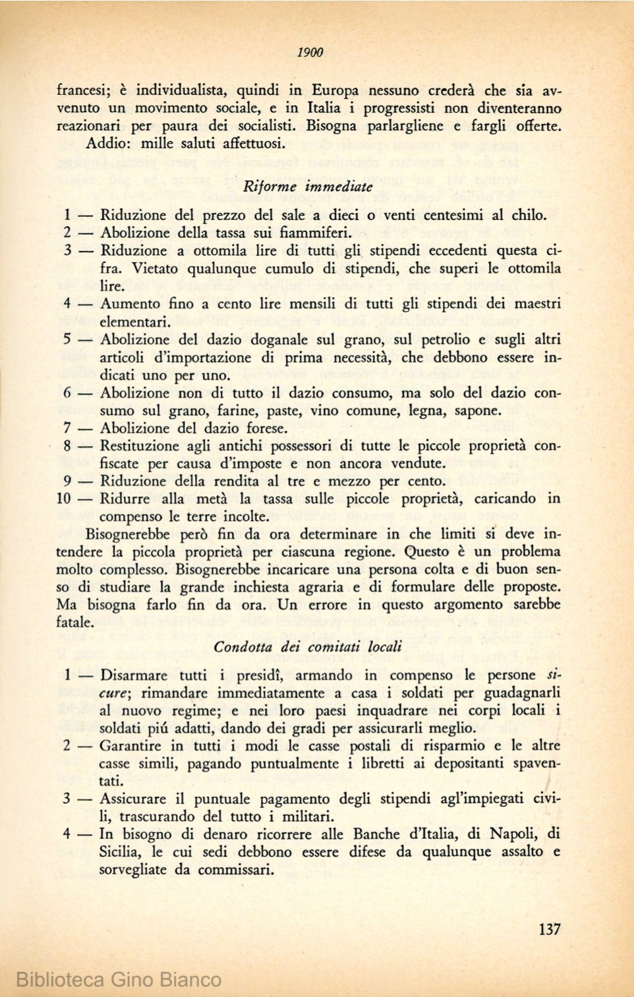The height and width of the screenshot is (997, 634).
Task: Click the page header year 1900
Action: pyautogui.click(x=310, y=53)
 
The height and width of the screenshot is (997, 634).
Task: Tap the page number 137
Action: pyautogui.click(x=549, y=929)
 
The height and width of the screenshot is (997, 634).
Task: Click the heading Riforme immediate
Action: pyautogui.click(x=308, y=186)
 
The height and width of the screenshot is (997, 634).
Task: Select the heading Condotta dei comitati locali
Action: pyautogui.click(x=308, y=646)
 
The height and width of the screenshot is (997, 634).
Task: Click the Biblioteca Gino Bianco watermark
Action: pyautogui.click(x=119, y=979)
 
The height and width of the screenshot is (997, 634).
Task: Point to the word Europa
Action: pyautogui.click(x=335, y=91)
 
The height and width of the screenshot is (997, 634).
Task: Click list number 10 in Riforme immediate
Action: pyautogui.click(x=64, y=499)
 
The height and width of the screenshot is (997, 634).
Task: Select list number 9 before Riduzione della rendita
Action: pyautogui.click(x=67, y=481)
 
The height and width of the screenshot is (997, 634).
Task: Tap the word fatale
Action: pyautogui.click(x=74, y=622)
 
